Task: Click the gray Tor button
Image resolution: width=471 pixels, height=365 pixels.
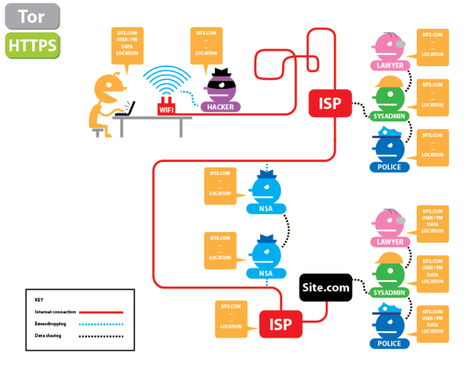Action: click(32, 17)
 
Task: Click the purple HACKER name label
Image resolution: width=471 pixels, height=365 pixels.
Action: click(220, 107)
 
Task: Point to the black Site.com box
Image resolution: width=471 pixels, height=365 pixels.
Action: click(326, 287)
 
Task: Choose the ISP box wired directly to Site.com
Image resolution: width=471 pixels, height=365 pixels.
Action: click(281, 324)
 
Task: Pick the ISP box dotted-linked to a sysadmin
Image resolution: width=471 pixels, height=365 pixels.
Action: click(330, 103)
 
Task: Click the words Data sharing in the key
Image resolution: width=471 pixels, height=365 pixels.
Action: click(48, 336)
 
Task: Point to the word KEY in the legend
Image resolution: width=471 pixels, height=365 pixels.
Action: click(39, 300)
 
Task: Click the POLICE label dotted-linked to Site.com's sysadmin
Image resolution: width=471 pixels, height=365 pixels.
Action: click(389, 344)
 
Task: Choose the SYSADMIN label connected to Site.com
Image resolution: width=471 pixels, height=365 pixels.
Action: click(389, 293)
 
